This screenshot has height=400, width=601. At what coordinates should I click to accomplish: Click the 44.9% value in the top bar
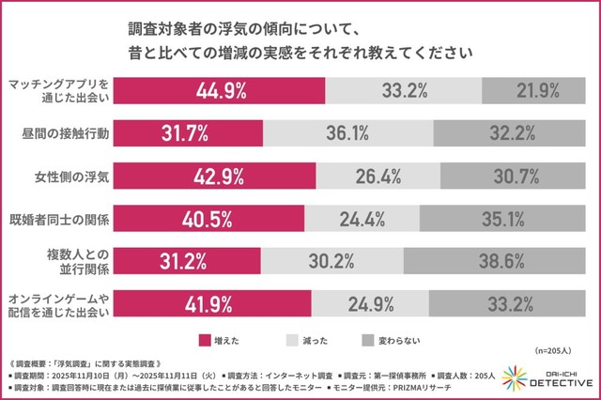click(221, 91)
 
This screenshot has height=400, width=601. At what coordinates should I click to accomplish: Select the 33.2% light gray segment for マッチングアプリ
click(404, 91)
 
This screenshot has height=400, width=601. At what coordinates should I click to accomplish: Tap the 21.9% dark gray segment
click(537, 91)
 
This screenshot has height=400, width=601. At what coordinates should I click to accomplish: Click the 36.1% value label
click(374, 132)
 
